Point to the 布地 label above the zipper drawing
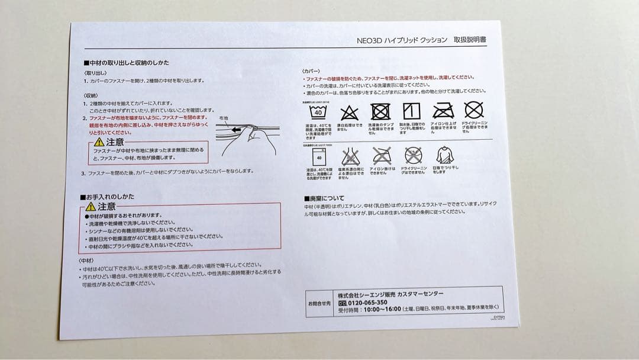[x=223, y=118]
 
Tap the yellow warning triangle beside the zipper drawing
[x=99, y=142]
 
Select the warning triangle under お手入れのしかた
[x=91, y=207]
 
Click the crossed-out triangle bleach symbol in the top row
[x=349, y=111]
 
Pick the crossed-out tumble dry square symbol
[x=380, y=111]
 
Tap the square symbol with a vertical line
[x=411, y=111]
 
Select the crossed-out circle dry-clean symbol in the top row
[x=473, y=110]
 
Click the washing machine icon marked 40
[x=319, y=158]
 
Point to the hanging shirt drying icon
[x=445, y=156]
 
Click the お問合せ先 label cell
[x=320, y=303]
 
